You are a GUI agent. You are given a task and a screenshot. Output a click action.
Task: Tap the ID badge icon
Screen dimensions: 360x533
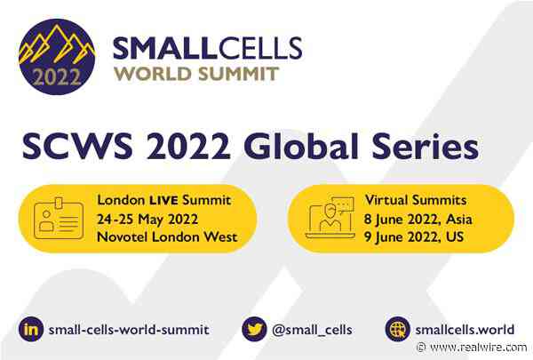click(58, 218)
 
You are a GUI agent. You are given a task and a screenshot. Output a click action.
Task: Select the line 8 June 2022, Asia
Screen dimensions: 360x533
click(419, 218)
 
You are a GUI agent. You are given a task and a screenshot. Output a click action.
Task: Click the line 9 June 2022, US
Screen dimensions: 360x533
click(414, 235)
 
